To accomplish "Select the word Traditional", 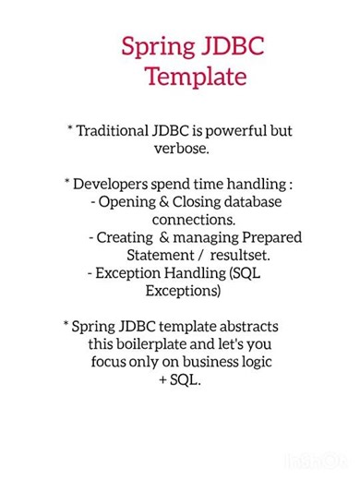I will [121, 130].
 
